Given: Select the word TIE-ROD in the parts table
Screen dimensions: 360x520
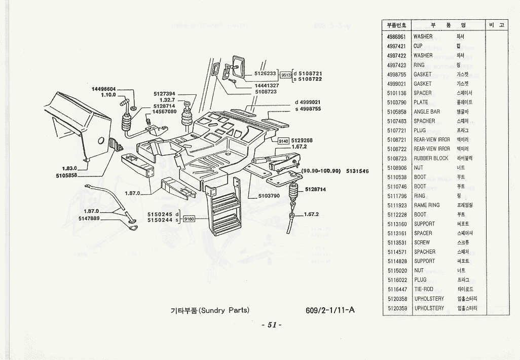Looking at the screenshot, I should (424, 289).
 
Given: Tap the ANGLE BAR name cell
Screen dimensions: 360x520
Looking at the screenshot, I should (427, 112).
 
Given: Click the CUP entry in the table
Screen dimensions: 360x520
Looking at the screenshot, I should (418, 46).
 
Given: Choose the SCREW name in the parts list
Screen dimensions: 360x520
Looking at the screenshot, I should (422, 242).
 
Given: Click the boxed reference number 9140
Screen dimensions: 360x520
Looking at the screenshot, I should (283, 141).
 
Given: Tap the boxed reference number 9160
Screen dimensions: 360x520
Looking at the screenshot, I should (189, 219).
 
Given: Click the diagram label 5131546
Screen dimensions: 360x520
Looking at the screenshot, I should (357, 171).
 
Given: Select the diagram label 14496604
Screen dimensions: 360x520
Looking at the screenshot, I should (104, 89).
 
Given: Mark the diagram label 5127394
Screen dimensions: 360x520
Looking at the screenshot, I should (164, 94).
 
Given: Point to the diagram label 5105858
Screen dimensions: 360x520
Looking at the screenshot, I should (66, 175).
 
